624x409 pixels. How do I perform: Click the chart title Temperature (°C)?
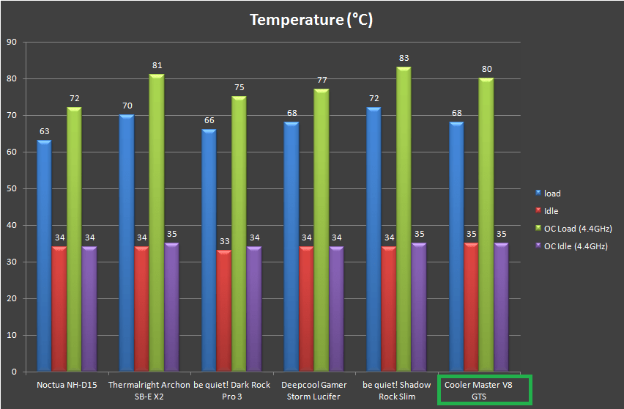[311, 20]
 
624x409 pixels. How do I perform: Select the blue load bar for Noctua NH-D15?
[45, 257]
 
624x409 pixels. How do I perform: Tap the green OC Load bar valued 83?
[404, 220]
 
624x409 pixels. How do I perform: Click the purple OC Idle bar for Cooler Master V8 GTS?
[501, 308]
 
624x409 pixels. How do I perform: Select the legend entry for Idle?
[550, 211]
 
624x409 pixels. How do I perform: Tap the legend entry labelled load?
[551, 194]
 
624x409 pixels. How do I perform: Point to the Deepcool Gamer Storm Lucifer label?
[313, 390]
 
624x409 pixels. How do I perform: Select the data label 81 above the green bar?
[157, 65]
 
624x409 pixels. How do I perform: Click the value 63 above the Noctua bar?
[45, 131]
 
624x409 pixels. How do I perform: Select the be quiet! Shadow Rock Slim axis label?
[396, 390]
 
